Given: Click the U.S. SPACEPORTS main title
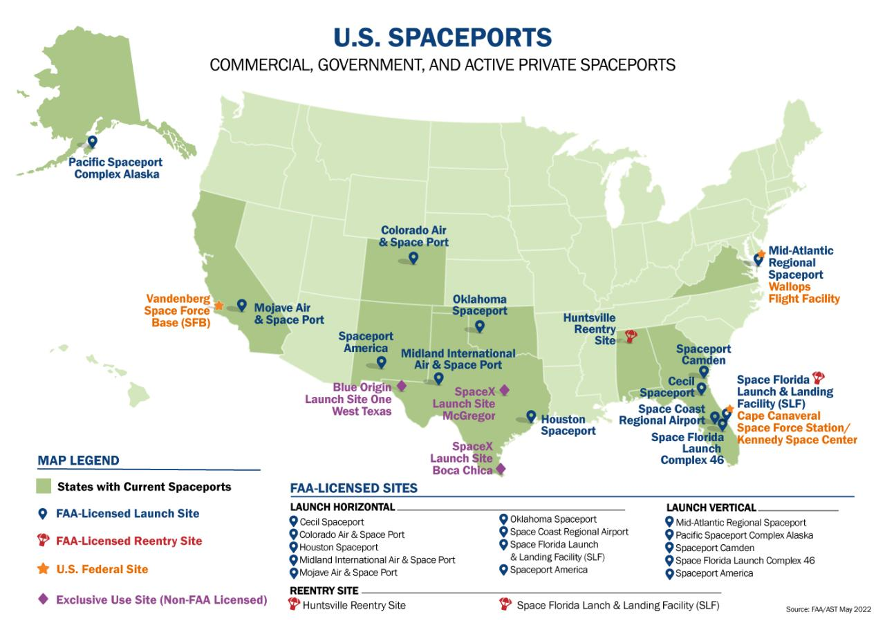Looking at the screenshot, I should [442, 37].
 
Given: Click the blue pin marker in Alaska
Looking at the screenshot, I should [92, 142].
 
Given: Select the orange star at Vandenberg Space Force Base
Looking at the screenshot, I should [218, 305].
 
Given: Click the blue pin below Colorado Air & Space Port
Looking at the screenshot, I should [413, 258].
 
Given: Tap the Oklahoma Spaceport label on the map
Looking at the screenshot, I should [480, 305].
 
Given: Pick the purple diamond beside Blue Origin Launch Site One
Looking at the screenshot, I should [401, 386].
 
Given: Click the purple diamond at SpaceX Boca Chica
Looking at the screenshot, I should [501, 469].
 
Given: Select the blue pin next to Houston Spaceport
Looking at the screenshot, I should [530, 416].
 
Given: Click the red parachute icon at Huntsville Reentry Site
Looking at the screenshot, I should [631, 336].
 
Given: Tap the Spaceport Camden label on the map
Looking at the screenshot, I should [703, 355].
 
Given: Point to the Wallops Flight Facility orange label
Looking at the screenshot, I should [804, 292].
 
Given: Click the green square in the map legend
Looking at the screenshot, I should [44, 486].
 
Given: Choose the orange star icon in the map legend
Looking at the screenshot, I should [43, 569].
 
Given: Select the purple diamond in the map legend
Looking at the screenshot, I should [43, 599].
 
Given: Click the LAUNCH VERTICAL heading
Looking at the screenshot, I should [711, 508].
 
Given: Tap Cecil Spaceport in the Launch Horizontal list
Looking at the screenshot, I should [331, 522].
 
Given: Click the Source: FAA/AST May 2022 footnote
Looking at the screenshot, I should [828, 609].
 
